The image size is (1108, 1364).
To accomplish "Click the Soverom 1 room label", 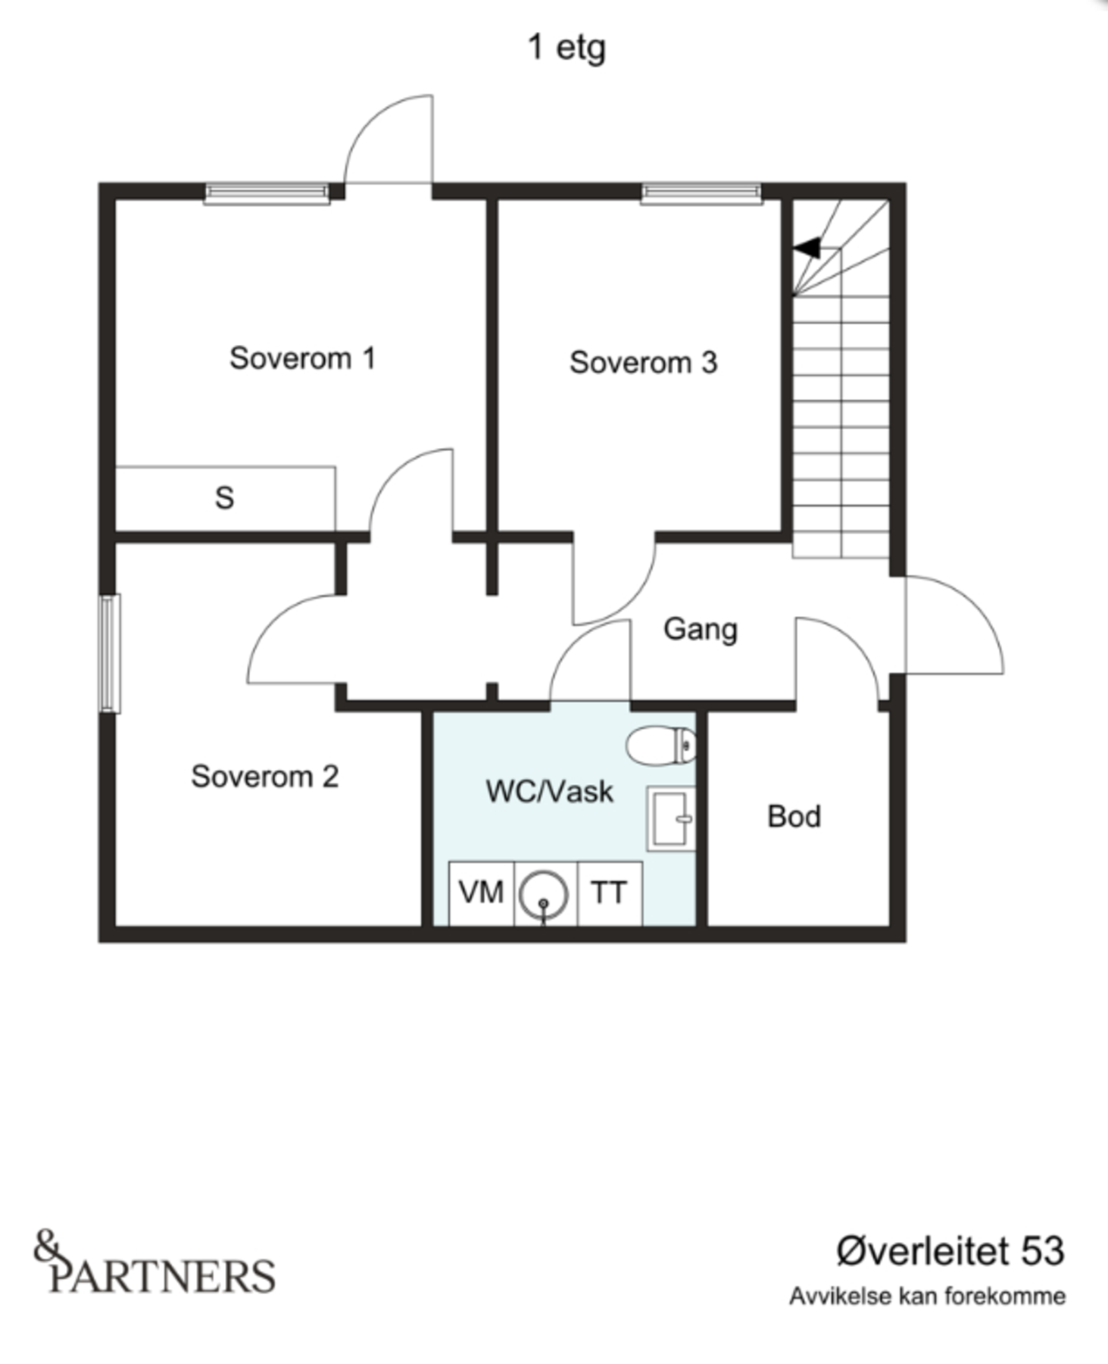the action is click(302, 358).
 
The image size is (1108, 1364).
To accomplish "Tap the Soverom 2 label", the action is click(264, 777).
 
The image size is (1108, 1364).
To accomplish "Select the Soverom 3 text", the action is click(643, 362).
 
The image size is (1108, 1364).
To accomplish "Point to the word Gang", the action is click(701, 630).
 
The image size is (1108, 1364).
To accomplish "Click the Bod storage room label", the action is click(794, 817).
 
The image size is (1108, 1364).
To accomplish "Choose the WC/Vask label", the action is click(549, 792).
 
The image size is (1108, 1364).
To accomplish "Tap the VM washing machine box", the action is click(481, 893).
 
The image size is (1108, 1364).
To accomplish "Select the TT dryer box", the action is click(610, 893).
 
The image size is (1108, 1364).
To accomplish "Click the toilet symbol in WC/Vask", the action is click(661, 745).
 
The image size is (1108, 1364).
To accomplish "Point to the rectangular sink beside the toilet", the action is click(671, 818).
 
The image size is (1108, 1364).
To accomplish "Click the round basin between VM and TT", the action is click(544, 895).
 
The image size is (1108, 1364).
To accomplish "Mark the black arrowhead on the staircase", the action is click(807, 247).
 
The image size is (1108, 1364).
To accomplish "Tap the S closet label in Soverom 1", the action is click(224, 498).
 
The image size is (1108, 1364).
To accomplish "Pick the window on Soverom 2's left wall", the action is click(111, 653).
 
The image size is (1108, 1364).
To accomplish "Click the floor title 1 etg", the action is click(566, 48).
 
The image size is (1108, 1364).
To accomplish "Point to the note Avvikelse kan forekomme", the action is click(927, 1296).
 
